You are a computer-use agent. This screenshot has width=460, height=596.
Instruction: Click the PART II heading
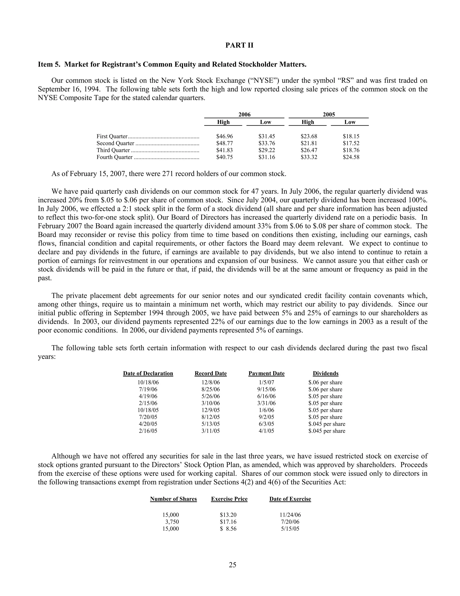coord(239,45)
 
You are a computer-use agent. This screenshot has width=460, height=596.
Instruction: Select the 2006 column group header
coord(244,114)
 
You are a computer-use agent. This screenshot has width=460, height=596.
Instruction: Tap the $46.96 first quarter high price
coord(225,136)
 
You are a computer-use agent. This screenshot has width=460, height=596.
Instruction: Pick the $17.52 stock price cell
coord(351,143)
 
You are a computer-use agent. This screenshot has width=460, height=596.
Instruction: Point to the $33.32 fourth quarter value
coord(309,157)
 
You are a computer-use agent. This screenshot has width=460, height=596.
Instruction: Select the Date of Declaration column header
coord(148,373)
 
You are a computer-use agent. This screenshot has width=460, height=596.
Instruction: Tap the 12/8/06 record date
coord(211,383)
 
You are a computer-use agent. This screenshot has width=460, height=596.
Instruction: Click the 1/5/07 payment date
coord(266,383)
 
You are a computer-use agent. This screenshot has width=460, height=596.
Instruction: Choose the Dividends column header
coord(325,373)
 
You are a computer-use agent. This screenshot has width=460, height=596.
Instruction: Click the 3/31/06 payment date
coord(266,403)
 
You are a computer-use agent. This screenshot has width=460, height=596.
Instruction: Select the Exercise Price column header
coord(229,499)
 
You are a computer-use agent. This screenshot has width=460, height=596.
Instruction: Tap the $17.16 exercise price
coord(228,522)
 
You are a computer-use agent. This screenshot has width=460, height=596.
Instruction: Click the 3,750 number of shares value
coord(172,522)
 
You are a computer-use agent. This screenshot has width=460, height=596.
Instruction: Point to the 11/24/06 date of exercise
coord(290,515)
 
